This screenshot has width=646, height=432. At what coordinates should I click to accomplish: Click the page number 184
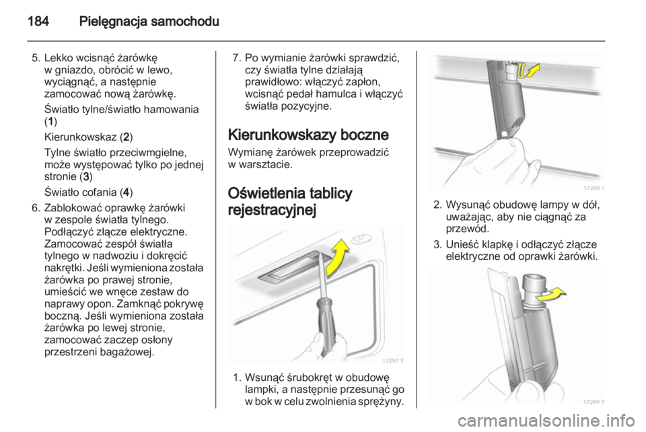click(38, 21)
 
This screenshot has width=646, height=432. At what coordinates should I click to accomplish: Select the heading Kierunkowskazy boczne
click(308, 135)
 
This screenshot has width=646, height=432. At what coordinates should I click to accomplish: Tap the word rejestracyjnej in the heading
click(272, 210)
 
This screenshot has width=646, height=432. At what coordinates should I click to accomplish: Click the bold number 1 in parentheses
click(50, 122)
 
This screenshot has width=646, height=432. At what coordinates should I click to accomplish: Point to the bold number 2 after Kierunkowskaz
click(126, 137)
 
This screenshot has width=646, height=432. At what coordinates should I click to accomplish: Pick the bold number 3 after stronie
click(85, 177)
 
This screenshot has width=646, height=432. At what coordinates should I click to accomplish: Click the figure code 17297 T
click(392, 361)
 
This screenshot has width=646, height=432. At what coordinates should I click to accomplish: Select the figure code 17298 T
click(594, 188)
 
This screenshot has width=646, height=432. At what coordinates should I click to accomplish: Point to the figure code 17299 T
click(594, 402)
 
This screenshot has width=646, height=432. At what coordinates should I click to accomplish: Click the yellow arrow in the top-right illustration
click(529, 71)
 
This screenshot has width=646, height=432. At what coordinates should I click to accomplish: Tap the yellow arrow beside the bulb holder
click(551, 295)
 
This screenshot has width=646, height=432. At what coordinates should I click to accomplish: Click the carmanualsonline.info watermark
click(546, 421)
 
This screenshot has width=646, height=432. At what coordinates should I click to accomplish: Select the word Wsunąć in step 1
click(262, 377)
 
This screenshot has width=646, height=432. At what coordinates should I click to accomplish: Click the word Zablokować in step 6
click(73, 207)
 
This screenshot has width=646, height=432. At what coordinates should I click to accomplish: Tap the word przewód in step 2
click(467, 229)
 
